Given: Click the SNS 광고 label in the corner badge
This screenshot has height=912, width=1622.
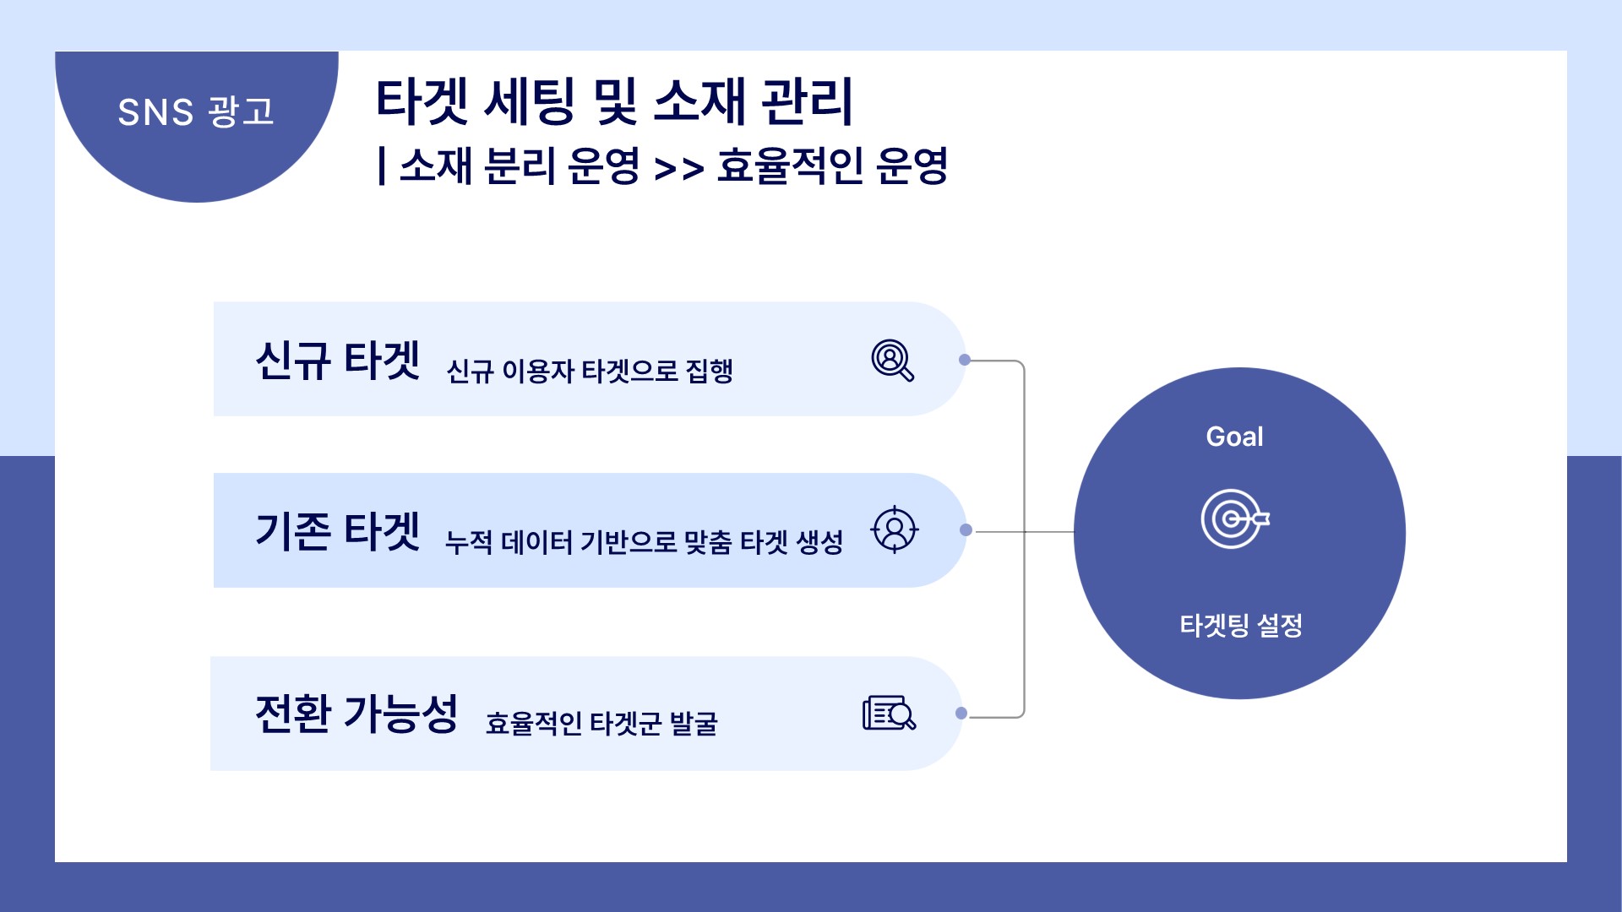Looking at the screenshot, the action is (196, 111).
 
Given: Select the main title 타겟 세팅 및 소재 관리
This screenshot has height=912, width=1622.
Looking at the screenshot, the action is (614, 101).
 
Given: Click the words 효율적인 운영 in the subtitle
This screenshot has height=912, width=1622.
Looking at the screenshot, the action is (832, 166).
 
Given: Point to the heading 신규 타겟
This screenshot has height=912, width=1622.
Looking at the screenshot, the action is (338, 361).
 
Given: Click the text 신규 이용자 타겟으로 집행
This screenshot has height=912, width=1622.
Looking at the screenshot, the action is (590, 371).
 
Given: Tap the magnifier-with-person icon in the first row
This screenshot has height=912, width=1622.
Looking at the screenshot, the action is (893, 361).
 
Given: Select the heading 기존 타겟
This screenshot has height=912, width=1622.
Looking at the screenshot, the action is (338, 531).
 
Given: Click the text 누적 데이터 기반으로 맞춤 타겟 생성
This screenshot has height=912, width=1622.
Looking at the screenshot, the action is (644, 541).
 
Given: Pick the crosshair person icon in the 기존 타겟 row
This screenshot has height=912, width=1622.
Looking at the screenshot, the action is (895, 530).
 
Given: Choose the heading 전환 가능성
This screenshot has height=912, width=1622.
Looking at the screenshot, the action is (357, 714).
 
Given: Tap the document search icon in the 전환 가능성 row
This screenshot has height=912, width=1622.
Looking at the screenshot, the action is (890, 714).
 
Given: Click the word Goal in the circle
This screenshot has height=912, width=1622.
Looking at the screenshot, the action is (1234, 437).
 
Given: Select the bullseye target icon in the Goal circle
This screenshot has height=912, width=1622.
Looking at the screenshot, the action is (1235, 518).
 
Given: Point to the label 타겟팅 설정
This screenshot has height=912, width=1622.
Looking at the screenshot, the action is (1241, 626).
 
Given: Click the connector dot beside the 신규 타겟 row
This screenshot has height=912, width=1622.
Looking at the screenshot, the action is (965, 360).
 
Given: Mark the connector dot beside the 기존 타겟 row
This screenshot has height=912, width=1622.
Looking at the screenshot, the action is (966, 530).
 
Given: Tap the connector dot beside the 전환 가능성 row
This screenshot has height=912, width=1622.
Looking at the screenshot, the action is (961, 714).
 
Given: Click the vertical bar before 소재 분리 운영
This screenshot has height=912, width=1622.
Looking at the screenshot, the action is (383, 166).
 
